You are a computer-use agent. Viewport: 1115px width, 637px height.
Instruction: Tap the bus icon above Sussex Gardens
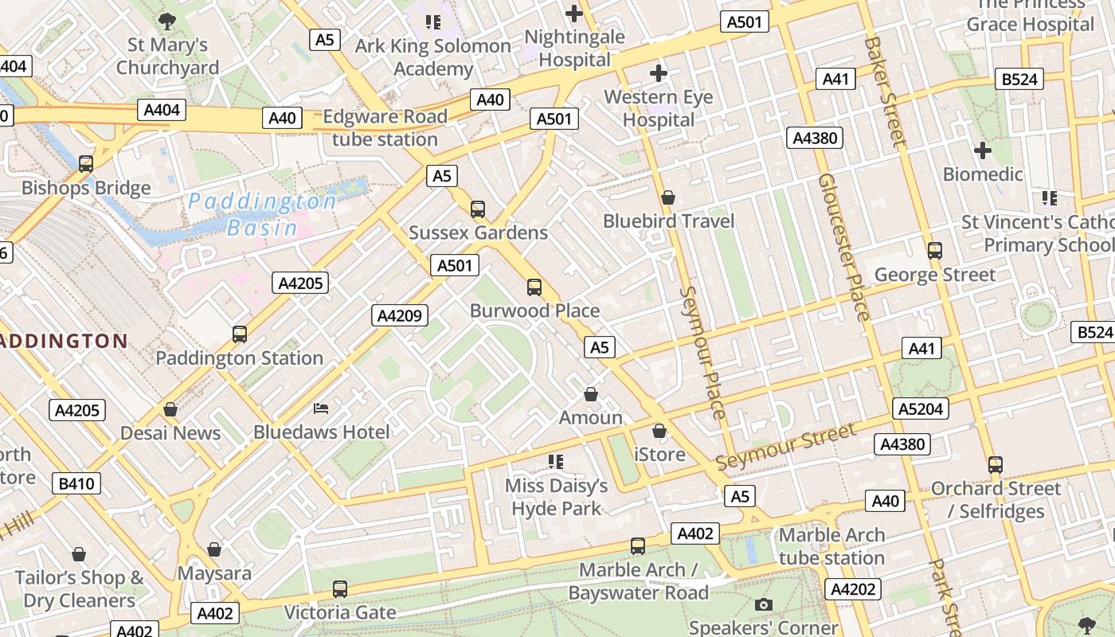click(x=478, y=209)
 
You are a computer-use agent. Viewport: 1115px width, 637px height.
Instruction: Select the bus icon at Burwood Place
click(x=534, y=287)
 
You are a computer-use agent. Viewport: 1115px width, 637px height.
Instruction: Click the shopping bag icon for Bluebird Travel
click(x=668, y=197)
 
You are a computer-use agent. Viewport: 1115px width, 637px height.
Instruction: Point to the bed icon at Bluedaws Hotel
click(x=321, y=408)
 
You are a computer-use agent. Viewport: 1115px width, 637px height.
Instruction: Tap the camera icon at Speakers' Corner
click(x=764, y=604)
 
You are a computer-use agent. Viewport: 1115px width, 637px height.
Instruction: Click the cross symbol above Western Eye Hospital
click(x=658, y=74)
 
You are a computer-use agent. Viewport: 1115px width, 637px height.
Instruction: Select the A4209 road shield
click(x=400, y=315)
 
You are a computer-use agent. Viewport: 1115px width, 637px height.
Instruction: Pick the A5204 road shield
click(x=921, y=408)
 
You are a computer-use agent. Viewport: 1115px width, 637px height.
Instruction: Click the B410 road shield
click(x=76, y=483)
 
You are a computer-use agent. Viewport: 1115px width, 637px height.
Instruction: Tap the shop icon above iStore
click(x=659, y=432)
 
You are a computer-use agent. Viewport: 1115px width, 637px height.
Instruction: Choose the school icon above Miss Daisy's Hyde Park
click(x=556, y=461)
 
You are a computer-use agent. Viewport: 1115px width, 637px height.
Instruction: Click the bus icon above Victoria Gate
click(x=340, y=589)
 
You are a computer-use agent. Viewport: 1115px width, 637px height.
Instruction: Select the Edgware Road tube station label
click(x=384, y=127)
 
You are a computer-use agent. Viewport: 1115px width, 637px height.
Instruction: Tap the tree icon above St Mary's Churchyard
click(x=167, y=21)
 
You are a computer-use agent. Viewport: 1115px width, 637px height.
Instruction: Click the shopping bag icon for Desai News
click(x=170, y=410)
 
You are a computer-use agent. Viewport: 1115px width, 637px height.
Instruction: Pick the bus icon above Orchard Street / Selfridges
click(x=995, y=465)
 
